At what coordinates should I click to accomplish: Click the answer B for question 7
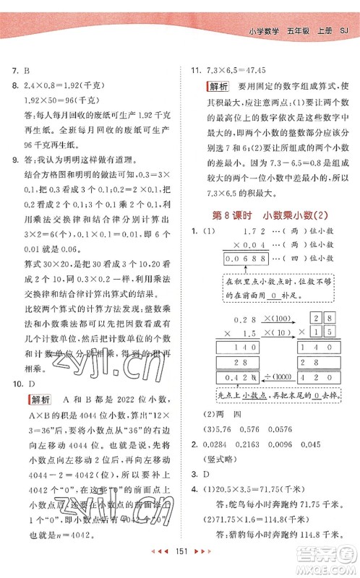27,69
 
